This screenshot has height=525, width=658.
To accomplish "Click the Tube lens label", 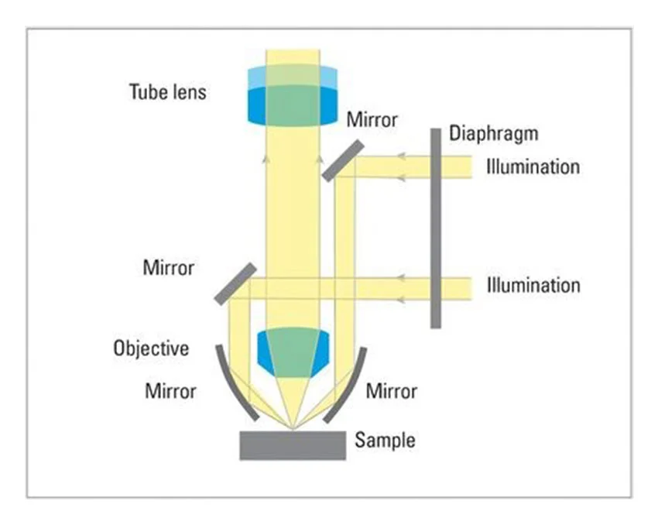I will pos(167,91).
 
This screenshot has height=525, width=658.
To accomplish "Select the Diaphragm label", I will pos(493,133).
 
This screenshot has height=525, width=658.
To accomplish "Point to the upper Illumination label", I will pos(533,166).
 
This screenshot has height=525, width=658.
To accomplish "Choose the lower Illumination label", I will pos(533,285).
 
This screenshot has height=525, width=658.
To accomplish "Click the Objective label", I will pos(151,348).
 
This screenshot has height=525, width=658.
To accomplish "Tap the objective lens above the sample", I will pos(293,352).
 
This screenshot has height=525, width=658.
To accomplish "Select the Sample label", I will pos(385,441).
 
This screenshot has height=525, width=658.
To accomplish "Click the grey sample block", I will pos(293,445).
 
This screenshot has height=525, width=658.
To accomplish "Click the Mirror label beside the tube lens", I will pos(372,120).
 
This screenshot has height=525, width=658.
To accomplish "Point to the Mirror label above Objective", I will pos(169,269).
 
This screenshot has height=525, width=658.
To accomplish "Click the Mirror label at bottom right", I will pos(391,391).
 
